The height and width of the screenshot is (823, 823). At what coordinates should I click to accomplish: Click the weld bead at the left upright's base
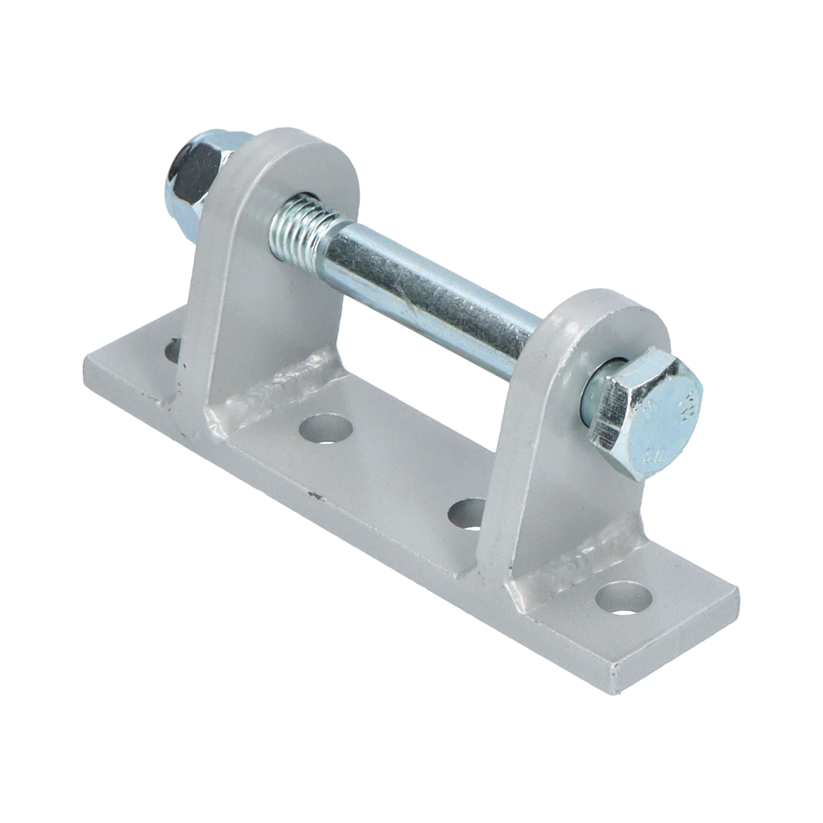pyautogui.click(x=273, y=386)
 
